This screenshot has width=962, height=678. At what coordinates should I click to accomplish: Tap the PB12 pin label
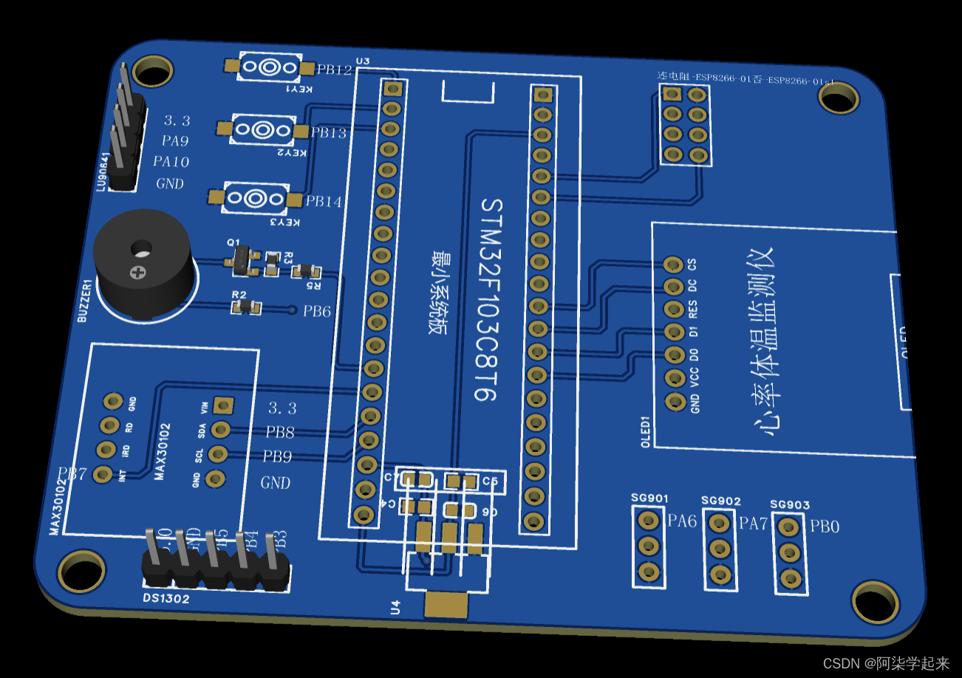click(x=334, y=70)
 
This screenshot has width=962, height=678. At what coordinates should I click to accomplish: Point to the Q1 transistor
click(x=242, y=259)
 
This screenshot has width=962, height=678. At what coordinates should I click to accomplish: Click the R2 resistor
click(x=246, y=307)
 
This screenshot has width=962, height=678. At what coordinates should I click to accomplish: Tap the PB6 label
click(x=316, y=311)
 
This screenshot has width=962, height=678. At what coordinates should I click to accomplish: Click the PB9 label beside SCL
click(x=277, y=456)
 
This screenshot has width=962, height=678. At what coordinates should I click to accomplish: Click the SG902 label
click(x=720, y=501)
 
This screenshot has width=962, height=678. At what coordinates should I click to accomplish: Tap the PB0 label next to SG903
click(x=825, y=527)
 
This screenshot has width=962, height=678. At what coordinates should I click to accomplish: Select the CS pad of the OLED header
click(x=673, y=264)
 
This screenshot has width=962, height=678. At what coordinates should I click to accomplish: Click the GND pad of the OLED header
click(x=675, y=401)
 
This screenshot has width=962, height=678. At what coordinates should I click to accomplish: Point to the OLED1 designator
click(x=644, y=432)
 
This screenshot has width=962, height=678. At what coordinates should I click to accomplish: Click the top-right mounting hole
click(x=839, y=97)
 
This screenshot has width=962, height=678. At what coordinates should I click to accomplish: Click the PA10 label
click(x=171, y=161)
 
